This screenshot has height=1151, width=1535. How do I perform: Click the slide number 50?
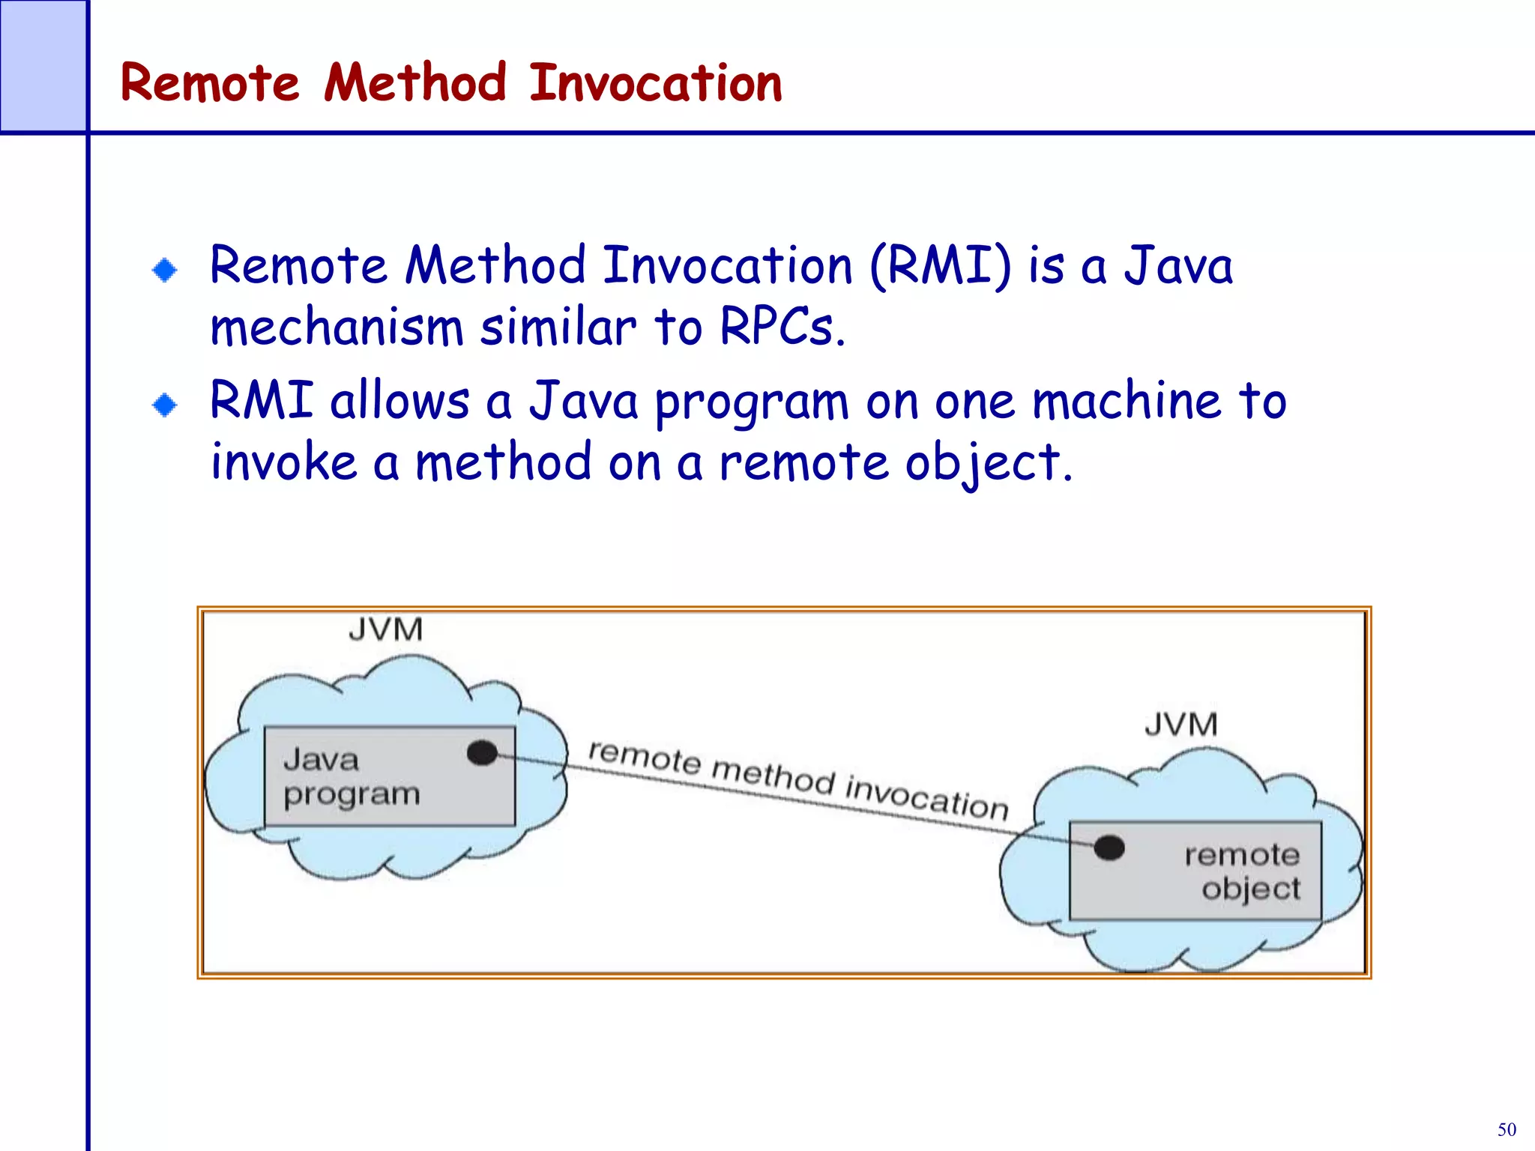[x=1507, y=1129]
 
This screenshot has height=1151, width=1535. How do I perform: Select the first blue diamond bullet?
[x=164, y=270]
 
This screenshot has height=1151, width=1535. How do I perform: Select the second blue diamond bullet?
[x=164, y=405]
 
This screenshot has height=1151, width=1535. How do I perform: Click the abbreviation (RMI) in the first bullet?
[x=940, y=265]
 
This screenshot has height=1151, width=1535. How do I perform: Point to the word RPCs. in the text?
[x=782, y=327]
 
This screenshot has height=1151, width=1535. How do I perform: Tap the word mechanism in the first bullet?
[x=337, y=327]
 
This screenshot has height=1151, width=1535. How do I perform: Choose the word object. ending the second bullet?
[x=989, y=463]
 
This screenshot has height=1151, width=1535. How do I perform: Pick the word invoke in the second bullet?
[x=283, y=462]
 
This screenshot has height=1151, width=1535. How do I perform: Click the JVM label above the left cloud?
[x=385, y=629]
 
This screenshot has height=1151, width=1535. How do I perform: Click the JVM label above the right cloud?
[x=1180, y=725]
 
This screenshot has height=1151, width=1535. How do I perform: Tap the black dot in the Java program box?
[x=482, y=752]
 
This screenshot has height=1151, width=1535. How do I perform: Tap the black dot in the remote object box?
[x=1109, y=848]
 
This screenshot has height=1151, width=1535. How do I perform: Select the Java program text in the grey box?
[x=351, y=777]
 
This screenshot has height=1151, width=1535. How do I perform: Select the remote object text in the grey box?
[x=1244, y=871]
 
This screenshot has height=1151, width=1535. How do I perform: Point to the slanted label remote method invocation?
[x=798, y=779]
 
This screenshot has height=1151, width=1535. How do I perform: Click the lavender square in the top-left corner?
[x=43, y=65]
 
